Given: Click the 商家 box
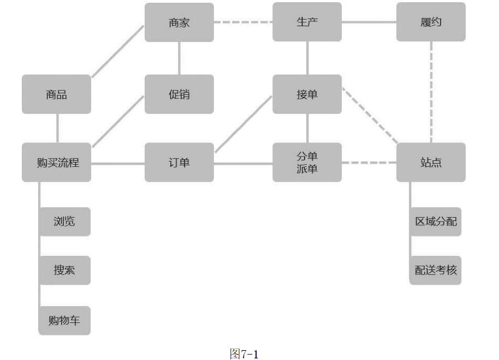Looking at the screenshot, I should pos(179,22).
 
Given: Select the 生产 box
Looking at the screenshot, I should pos(307,22).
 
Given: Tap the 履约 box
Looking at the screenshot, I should pos(431,22).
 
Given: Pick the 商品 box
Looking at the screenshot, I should pos(56,94).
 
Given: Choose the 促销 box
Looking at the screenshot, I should pos(179,94).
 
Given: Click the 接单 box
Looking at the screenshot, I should pos(307,94).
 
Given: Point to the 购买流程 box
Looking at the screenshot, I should pos(56,163).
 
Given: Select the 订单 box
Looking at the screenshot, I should pos(179,163).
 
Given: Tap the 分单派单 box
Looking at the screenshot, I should pos(307,163).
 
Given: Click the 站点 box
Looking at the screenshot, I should pos(431,163).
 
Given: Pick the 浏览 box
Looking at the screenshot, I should pos(64,221).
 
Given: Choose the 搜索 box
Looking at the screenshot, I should pos(64,270).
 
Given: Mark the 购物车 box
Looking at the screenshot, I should pos(64,320).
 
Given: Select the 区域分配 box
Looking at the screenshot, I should pos(436,221).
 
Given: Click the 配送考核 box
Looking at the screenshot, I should pos(436,270).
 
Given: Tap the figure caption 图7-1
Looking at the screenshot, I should pos(244,353).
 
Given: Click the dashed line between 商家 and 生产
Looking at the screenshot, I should pos(243,22).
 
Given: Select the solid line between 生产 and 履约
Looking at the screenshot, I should pos(369,22).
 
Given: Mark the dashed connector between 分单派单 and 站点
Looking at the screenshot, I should pos(369,163).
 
